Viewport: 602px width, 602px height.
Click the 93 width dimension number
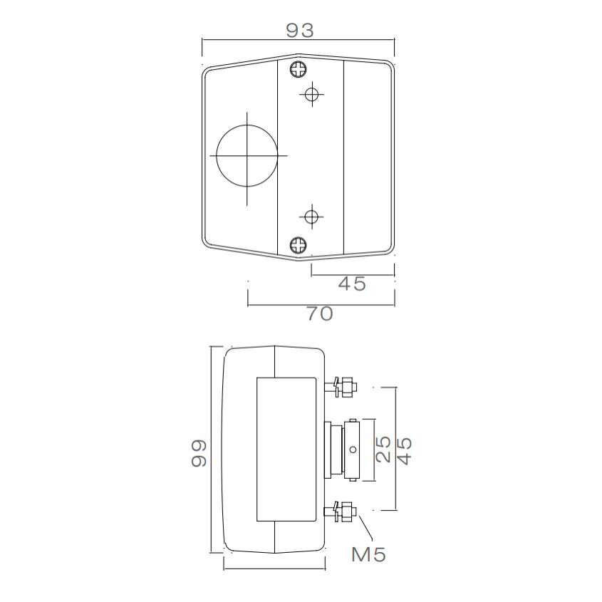(x=300, y=30)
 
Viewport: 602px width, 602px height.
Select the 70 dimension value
(x=320, y=313)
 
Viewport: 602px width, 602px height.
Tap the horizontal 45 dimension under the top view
(x=351, y=284)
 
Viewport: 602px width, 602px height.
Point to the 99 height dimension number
(x=199, y=452)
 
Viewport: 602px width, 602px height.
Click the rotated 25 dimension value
(x=383, y=450)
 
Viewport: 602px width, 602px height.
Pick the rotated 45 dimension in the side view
(x=405, y=450)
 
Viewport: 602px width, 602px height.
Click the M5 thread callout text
(x=369, y=554)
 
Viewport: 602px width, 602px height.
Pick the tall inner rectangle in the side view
(x=286, y=450)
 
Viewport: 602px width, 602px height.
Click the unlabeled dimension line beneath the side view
(x=275, y=569)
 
